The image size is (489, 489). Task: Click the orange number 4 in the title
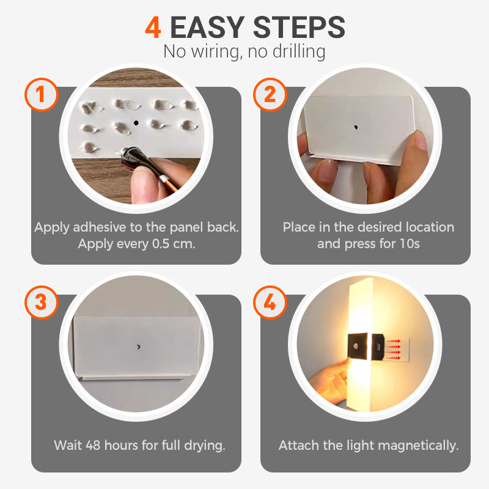154,28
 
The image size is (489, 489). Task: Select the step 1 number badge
41,95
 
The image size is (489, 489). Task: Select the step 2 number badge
270,95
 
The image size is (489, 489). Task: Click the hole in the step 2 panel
355,128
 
